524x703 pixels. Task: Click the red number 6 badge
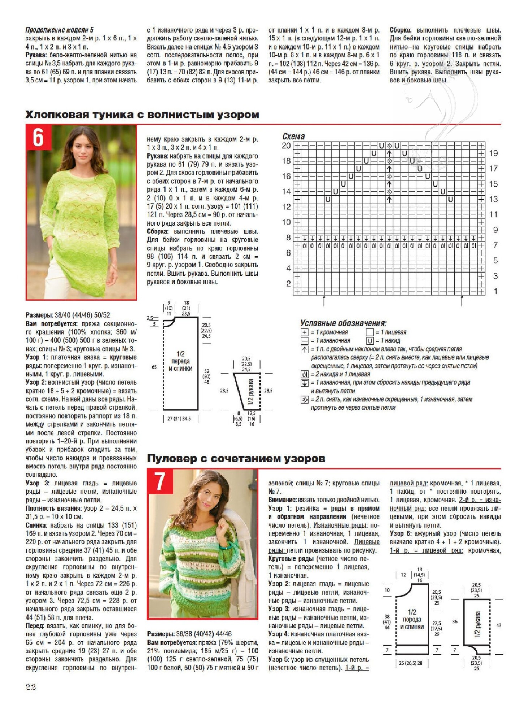pyautogui.click(x=38, y=137)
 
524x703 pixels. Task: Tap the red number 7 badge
pyautogui.click(x=160, y=481)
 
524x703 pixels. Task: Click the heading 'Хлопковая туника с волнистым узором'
pyautogui.click(x=142, y=115)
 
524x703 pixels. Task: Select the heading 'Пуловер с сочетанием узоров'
pyautogui.click(x=236, y=459)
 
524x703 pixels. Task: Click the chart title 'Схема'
pyautogui.click(x=293, y=136)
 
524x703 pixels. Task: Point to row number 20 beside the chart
pyautogui.click(x=286, y=146)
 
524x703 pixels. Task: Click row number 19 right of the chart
pyautogui.click(x=493, y=153)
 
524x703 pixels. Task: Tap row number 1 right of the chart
pyautogui.click(x=495, y=291)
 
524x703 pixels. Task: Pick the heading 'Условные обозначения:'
pyautogui.click(x=343, y=323)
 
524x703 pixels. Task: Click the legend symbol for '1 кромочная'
pyautogui.click(x=304, y=332)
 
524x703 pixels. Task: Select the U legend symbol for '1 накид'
pyautogui.click(x=370, y=340)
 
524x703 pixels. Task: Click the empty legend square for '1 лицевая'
pyautogui.click(x=370, y=332)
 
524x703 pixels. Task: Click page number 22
pyautogui.click(x=31, y=687)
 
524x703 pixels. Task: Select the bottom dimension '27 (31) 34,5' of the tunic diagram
pyautogui.click(x=179, y=419)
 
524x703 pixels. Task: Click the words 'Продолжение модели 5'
pyautogui.click(x=59, y=30)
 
